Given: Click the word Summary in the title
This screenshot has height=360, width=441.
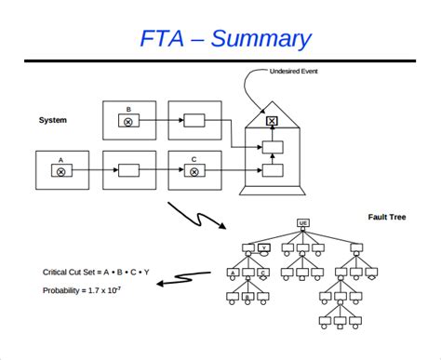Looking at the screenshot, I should (261, 38).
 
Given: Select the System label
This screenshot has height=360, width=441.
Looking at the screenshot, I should (52, 120).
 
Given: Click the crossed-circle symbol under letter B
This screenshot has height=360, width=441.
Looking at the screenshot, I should (128, 121).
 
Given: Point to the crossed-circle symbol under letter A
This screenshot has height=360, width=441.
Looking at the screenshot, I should (61, 171).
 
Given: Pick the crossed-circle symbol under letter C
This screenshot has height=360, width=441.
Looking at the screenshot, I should (194, 171).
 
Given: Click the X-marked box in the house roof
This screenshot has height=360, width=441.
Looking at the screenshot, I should (272, 121).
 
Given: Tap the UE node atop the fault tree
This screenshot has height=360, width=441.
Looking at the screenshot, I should (303, 222).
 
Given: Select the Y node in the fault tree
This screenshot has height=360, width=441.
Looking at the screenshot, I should (264, 247).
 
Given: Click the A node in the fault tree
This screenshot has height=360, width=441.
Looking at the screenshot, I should (233, 273).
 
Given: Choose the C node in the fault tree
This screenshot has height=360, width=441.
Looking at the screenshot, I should (264, 273).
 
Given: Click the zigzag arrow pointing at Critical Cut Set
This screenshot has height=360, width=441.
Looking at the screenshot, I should (192, 276).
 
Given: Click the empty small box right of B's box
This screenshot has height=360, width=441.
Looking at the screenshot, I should (194, 121).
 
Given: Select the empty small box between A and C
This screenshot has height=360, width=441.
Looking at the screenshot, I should (127, 171).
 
